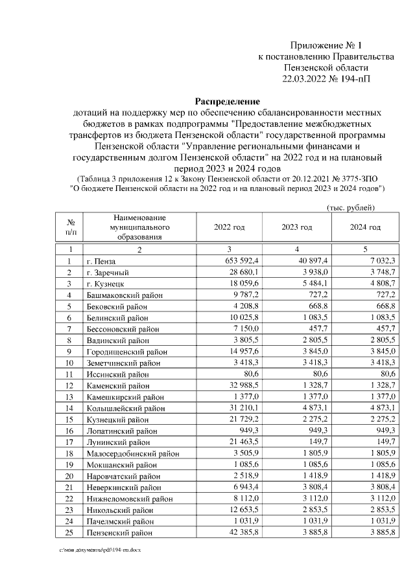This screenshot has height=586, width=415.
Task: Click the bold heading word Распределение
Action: click(227, 102)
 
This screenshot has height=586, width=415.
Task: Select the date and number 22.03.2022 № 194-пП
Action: click(326, 79)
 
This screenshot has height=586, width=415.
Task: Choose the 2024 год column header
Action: click(364, 227)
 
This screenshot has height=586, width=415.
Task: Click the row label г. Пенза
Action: click(102, 261)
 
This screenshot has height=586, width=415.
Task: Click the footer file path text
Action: click(101, 549)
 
